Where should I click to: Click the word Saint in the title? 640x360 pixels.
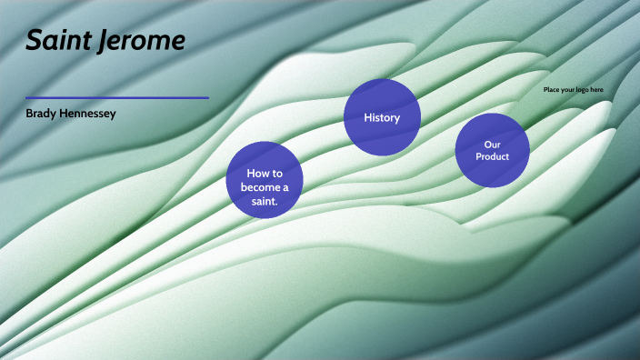tap(56, 40)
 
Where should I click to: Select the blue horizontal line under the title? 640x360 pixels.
tap(116, 97)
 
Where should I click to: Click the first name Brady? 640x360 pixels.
tap(43, 114)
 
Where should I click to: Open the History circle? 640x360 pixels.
tap(382, 117)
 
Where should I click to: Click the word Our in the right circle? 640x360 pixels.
tap(493, 145)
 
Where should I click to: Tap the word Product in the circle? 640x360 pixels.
tap(493, 156)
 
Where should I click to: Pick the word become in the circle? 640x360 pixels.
tap(263, 186)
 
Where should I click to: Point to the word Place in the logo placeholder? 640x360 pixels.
tap(552, 89)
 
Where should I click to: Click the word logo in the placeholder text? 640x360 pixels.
tap(581, 89)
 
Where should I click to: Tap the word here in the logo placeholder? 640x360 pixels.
tap(595, 89)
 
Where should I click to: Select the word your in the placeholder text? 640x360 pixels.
tap(567, 89)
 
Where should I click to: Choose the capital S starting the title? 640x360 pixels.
tap(34, 40)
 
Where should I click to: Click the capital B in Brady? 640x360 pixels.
tap(30, 114)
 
